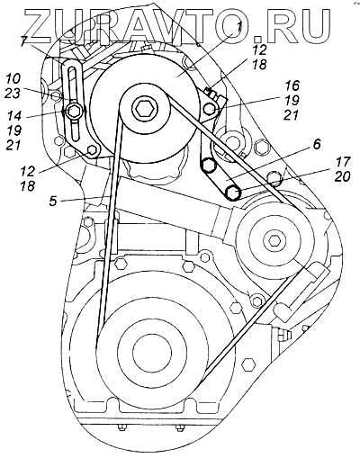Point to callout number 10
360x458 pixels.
[x=13, y=79]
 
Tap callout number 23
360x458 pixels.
[x=13, y=93]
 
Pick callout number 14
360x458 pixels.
[x=13, y=116]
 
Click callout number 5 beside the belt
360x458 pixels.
[x=53, y=201]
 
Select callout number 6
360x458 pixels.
[x=317, y=144]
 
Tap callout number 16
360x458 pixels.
[x=292, y=86]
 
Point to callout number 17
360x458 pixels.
[x=343, y=162]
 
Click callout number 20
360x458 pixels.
[x=343, y=176]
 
